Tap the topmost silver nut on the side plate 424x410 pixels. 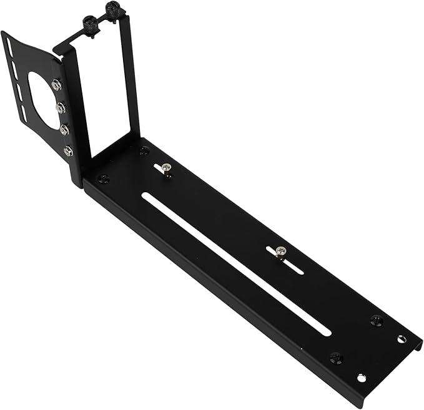point(57,85)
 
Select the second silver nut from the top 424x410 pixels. point(61,108)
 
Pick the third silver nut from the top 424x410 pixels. point(64,130)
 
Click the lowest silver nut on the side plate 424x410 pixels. point(68,151)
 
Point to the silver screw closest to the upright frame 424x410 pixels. point(165,168)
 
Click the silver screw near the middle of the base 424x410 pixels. point(280,251)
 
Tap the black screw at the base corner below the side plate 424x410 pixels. point(104,179)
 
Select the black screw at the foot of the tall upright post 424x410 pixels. point(145,150)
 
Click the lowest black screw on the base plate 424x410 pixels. point(336,358)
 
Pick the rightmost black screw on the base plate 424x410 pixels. point(376,320)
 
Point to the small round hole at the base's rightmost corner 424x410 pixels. point(401,339)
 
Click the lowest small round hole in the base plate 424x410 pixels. point(361,378)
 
